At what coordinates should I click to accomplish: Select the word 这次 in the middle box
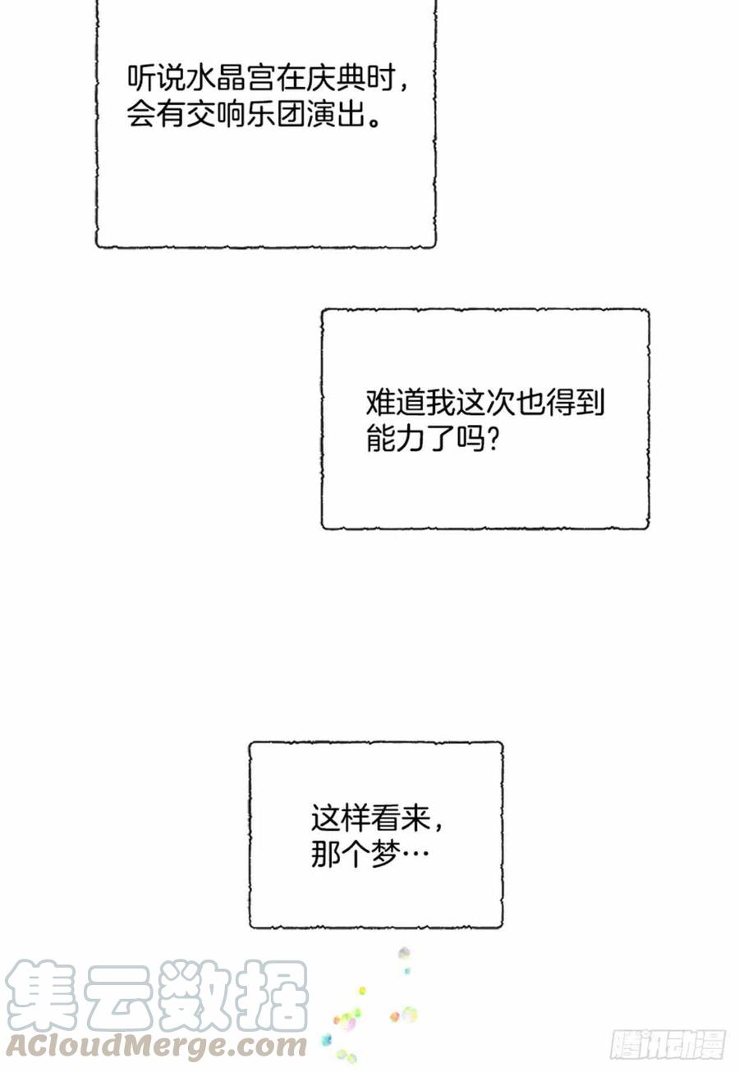[x=485, y=403]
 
